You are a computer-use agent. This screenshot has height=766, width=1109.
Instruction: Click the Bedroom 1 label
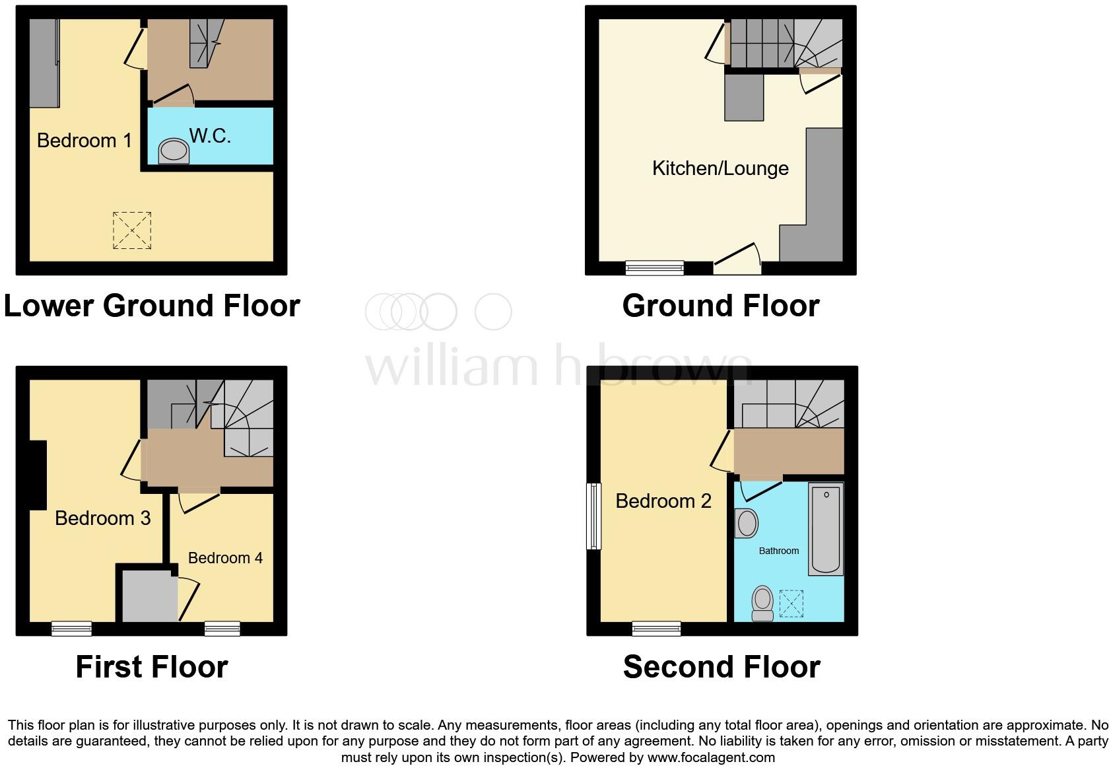84,140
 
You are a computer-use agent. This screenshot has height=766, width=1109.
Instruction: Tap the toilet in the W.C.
174,151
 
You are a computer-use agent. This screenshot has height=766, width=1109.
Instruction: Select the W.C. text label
210,135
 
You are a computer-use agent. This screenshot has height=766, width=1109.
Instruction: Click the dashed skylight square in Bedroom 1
132,230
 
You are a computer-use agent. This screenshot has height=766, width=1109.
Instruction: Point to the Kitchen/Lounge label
720,168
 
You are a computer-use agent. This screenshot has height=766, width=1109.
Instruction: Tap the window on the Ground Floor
654,267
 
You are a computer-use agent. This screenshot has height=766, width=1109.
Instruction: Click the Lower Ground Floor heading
152,306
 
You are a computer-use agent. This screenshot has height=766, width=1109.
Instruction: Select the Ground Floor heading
721,306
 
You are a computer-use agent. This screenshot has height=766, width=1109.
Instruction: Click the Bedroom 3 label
102,518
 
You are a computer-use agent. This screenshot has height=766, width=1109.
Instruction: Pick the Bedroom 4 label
225,558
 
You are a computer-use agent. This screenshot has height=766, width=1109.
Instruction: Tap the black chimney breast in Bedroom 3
37,475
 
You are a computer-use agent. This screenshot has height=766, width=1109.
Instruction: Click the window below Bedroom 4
222,629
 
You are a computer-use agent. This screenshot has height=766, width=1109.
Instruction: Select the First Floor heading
152,667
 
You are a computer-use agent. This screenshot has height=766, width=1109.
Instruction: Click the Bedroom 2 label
663,501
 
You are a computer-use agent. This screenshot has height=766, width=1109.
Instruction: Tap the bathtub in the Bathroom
826,530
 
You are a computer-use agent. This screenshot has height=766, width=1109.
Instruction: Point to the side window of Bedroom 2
594,516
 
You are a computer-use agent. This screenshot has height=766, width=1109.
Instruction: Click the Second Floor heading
722,667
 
